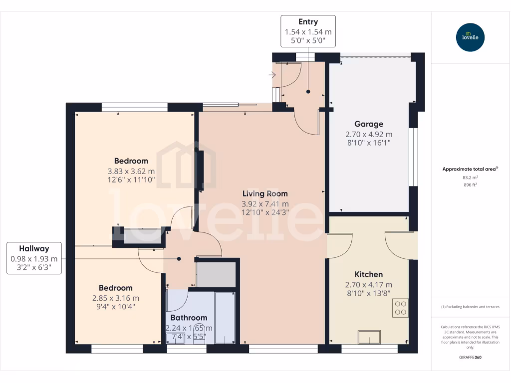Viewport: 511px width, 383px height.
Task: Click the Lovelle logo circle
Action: (x=470, y=37)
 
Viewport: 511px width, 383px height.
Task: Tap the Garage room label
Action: (x=369, y=124)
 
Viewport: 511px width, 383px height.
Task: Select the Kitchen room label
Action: (x=369, y=274)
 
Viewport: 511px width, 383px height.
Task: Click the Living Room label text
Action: (x=265, y=193)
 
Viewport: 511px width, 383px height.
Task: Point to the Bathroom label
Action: (x=189, y=318)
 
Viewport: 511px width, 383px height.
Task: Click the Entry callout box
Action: (x=308, y=31)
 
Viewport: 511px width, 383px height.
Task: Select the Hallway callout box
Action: (x=34, y=258)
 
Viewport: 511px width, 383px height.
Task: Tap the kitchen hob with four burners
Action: (x=400, y=308)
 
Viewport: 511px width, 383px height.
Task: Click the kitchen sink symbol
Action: (x=370, y=337)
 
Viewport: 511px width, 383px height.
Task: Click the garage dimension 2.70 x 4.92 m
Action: (x=369, y=134)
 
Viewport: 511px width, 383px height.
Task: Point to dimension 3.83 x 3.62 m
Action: (x=131, y=171)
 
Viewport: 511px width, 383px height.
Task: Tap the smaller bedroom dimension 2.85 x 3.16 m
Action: (x=115, y=298)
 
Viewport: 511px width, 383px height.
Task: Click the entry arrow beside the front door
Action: (x=272, y=75)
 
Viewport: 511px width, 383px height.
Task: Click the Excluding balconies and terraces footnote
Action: (x=470, y=307)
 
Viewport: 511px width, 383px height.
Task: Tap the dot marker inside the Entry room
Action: (x=308, y=92)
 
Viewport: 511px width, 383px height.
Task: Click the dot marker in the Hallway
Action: (x=179, y=259)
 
